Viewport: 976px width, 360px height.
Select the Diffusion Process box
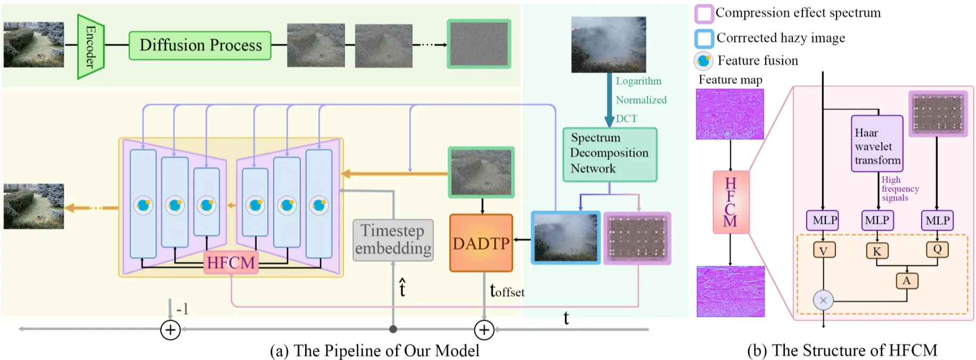point(200,45)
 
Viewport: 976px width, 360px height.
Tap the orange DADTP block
point(481,243)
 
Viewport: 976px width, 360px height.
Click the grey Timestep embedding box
point(393,240)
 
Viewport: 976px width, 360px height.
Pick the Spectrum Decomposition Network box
point(610,154)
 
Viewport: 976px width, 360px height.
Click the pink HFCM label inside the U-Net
point(231,263)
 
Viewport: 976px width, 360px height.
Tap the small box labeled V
point(823,250)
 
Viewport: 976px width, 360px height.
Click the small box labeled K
point(876,251)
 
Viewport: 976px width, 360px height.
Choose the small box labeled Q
point(937,249)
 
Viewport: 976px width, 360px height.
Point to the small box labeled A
point(906,281)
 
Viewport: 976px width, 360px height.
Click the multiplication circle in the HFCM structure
point(823,300)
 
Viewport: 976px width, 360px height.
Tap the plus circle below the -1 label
point(170,330)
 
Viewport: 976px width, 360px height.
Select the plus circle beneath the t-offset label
point(484,330)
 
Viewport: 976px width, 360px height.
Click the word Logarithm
point(638,81)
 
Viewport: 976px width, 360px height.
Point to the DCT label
point(626,119)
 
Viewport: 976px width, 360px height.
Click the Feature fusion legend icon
point(703,61)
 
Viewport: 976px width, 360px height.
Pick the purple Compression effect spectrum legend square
point(704,14)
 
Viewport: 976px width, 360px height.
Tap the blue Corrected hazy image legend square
point(704,38)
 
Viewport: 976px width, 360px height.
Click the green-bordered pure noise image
point(479,44)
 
